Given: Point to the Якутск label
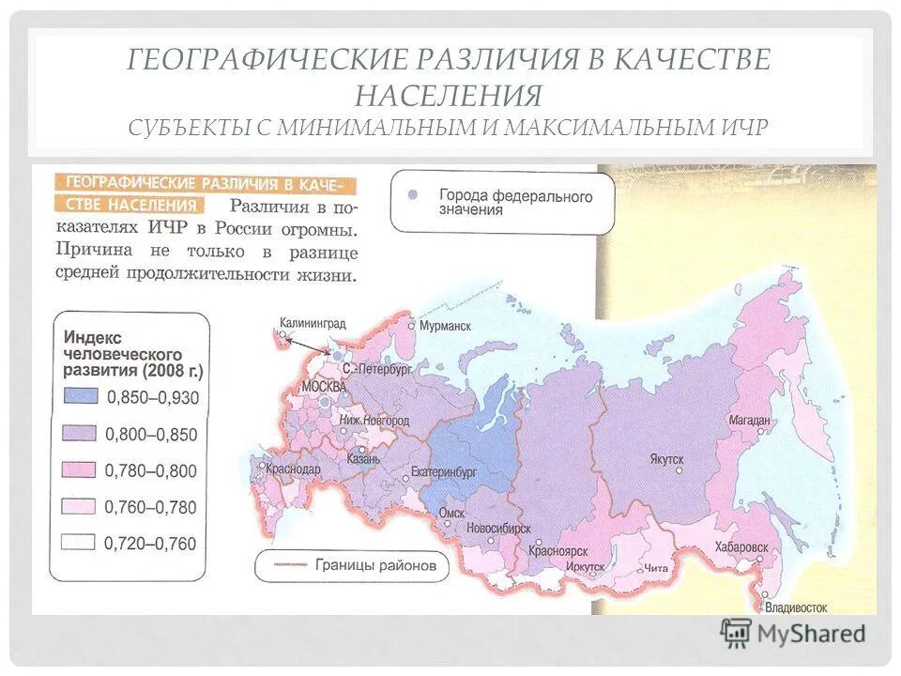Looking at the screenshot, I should pyautogui.click(x=665, y=458).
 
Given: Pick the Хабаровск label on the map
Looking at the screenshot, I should pyautogui.click(x=741, y=545).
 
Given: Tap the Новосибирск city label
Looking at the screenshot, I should pyautogui.click(x=498, y=529).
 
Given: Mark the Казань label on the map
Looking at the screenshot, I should pyautogui.click(x=362, y=459).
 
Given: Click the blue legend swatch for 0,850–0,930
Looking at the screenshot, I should pyautogui.click(x=81, y=396).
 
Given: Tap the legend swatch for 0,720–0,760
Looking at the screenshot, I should pyautogui.click(x=81, y=542).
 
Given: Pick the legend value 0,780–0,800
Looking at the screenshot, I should pyautogui.click(x=151, y=469).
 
